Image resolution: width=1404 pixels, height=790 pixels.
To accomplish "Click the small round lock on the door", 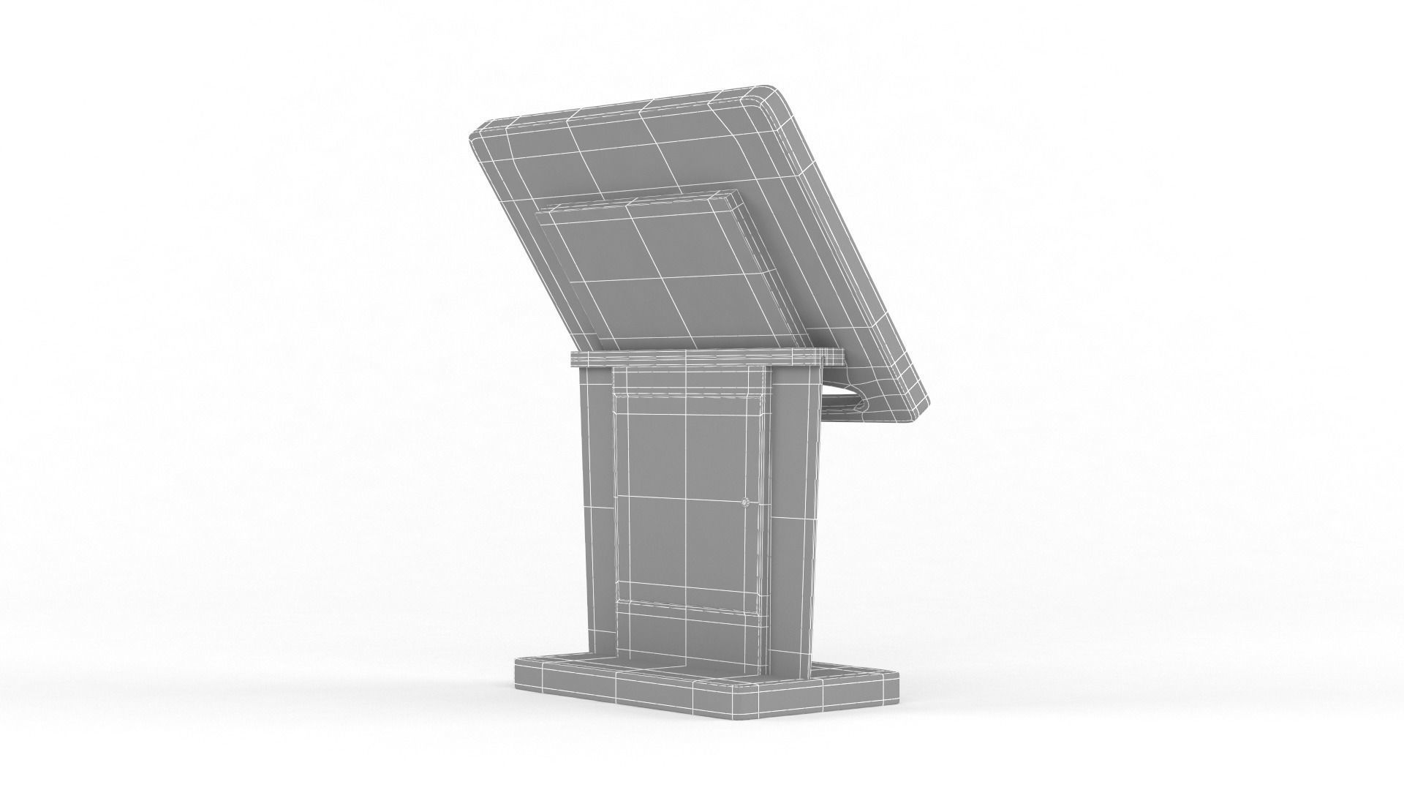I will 745,503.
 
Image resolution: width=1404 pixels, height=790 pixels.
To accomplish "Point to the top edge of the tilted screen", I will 622,106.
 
